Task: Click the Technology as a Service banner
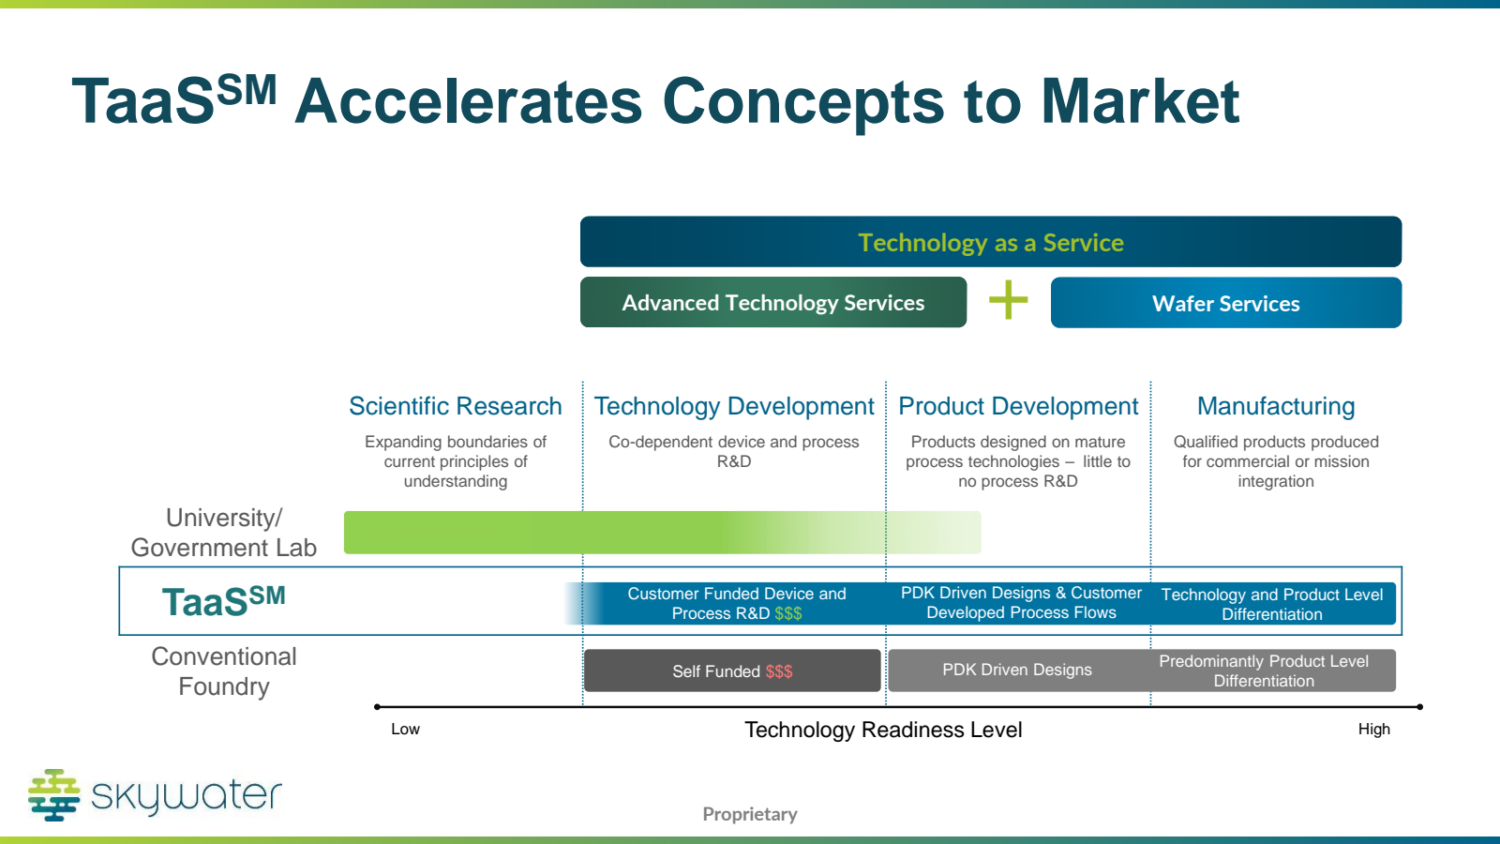coord(990,242)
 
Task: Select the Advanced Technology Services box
coord(773,302)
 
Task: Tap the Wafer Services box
coord(1226,303)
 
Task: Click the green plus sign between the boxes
coord(1009,300)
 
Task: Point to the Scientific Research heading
coord(456,406)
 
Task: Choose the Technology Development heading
coord(734,406)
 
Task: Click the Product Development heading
coord(1018,406)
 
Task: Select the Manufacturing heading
coord(1276,406)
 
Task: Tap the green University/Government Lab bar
coord(662,533)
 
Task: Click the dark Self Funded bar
coord(732,671)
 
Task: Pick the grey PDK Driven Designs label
coord(1017,670)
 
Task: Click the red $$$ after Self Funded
coord(779,671)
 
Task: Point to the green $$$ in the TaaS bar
coord(788,613)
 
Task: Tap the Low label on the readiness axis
coord(405,729)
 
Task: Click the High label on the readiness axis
coord(1374,729)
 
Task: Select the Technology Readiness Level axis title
coord(883,730)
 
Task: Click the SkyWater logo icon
coord(54,795)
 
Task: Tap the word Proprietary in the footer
coord(750,814)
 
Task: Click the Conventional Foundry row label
coord(224,671)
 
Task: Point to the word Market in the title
coord(1140,101)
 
